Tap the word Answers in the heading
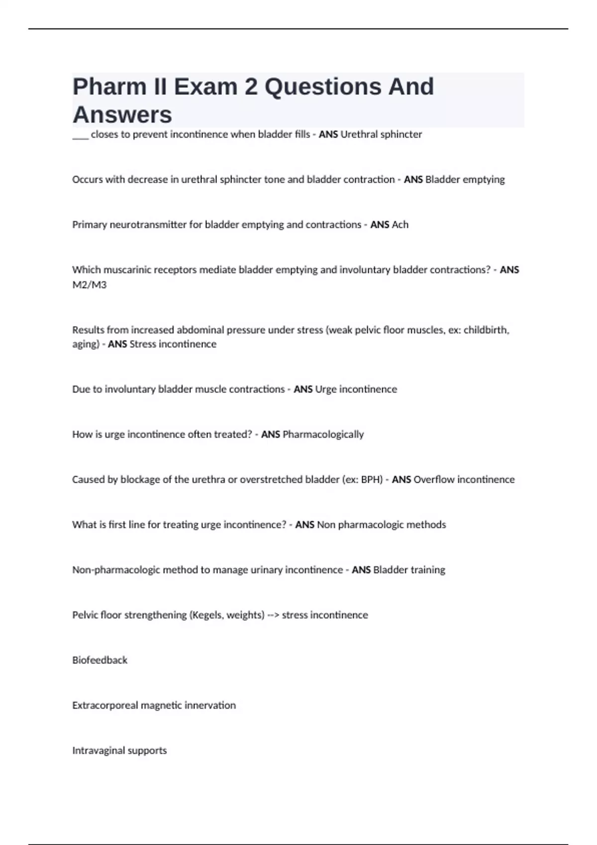click(x=122, y=115)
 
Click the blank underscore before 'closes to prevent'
click(x=80, y=135)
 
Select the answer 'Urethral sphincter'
click(x=381, y=135)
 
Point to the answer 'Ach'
click(x=400, y=225)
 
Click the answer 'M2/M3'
click(x=90, y=285)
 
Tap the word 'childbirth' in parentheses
click(x=486, y=330)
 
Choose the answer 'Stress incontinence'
click(x=173, y=344)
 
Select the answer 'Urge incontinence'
click(x=356, y=389)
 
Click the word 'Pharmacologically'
click(x=323, y=434)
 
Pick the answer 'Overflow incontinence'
click(x=464, y=480)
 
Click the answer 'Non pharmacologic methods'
click(x=382, y=525)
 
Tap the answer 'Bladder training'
click(x=409, y=570)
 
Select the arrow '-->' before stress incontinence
click(x=273, y=615)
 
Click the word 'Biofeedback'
click(x=100, y=660)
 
